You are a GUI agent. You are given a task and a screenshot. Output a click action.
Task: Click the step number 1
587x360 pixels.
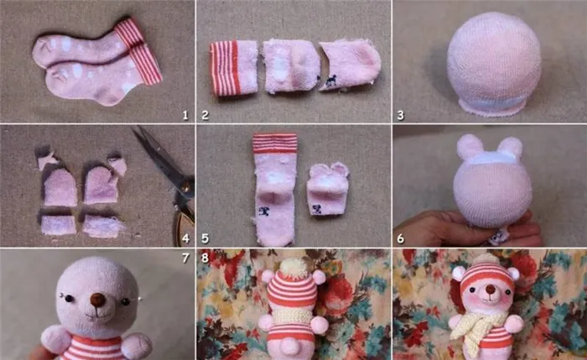pos(185,115)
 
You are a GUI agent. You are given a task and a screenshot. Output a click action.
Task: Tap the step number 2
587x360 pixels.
pos(205,115)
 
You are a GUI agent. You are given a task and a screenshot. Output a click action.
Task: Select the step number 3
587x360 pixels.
pos(401,115)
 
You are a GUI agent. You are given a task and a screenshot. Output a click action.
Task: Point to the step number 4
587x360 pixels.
pos(185,238)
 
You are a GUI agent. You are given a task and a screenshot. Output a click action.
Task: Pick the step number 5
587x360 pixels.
pos(205,238)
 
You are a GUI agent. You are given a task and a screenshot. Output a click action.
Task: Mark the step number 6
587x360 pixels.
pos(401,238)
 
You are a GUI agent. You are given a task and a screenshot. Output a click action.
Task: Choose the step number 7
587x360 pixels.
pos(185,258)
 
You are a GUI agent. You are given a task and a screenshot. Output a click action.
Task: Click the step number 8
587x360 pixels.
pos(205,258)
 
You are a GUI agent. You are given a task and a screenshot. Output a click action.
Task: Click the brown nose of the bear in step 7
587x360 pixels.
pos(98,300)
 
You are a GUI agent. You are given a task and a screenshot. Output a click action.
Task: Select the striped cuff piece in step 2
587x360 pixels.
pos(234,68)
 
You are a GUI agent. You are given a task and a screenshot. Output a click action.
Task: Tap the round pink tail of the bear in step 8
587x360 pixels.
pos(290,346)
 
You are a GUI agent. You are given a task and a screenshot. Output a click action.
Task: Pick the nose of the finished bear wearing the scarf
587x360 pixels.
pos(491,290)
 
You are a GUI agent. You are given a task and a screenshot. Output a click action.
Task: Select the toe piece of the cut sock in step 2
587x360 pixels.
pos(350,65)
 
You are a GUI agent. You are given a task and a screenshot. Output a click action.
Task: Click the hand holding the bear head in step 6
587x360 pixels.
pos(468,228)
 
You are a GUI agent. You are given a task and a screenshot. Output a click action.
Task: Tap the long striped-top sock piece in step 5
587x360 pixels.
pos(275,190)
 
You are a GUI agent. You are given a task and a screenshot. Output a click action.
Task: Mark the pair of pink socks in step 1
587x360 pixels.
pos(98,62)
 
